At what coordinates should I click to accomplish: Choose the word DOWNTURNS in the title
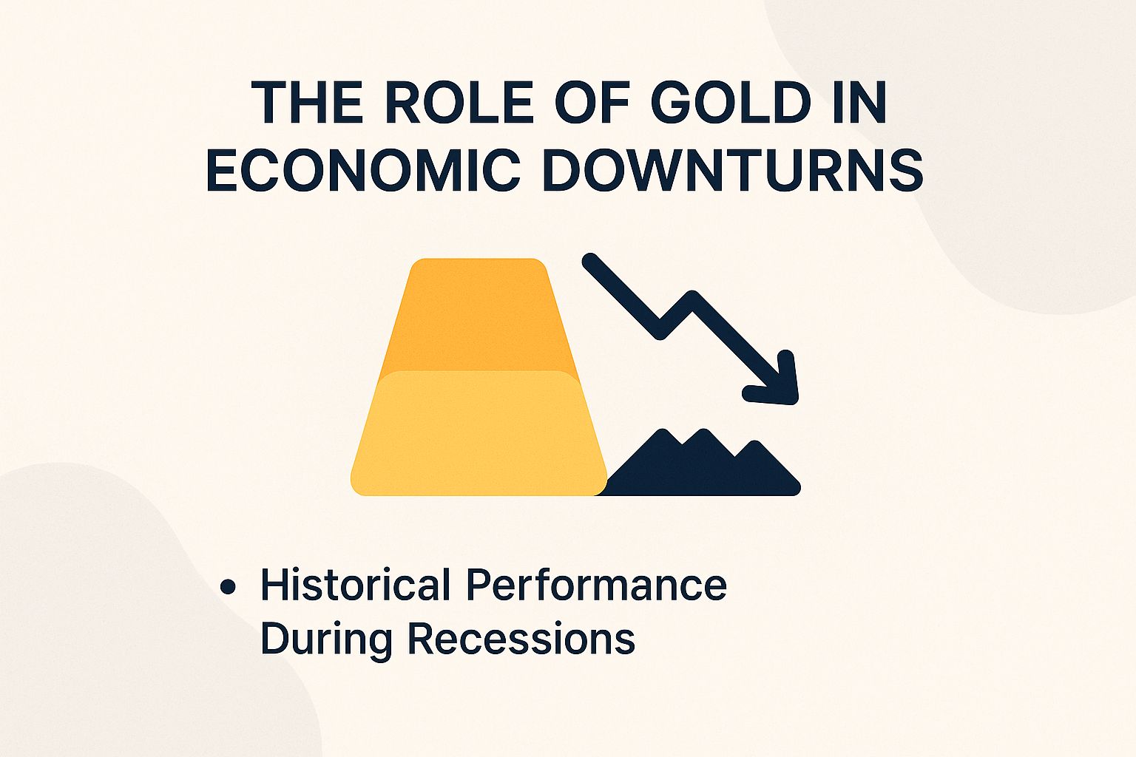[x=733, y=170]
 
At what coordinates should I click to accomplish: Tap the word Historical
[x=355, y=585]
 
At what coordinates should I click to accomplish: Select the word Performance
[x=596, y=585]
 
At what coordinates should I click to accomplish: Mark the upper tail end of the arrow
[x=590, y=261]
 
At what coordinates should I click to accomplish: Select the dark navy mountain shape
[x=703, y=469]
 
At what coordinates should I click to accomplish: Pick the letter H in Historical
[x=273, y=585]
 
